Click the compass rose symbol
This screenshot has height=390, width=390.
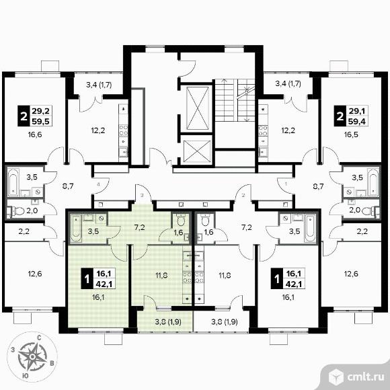[x=32, y=356]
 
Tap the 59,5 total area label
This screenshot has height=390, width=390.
[x=40, y=121]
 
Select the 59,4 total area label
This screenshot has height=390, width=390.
[x=356, y=121]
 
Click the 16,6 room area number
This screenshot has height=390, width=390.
[x=35, y=134]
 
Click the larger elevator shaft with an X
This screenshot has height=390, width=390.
[x=198, y=108]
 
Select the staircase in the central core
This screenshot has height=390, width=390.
[x=235, y=100]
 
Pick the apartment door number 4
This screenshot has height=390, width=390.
[x=98, y=184]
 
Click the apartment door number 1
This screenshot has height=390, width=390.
[x=286, y=184]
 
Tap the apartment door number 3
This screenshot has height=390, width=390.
[x=142, y=195]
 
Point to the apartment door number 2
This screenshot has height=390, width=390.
[x=243, y=195]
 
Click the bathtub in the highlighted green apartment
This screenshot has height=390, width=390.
[x=75, y=229]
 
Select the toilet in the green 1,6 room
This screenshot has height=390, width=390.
[x=181, y=219]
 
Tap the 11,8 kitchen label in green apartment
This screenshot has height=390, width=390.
[x=161, y=275]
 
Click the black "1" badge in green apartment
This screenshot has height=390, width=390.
[x=87, y=278]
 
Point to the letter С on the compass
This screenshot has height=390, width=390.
[x=39, y=338]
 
